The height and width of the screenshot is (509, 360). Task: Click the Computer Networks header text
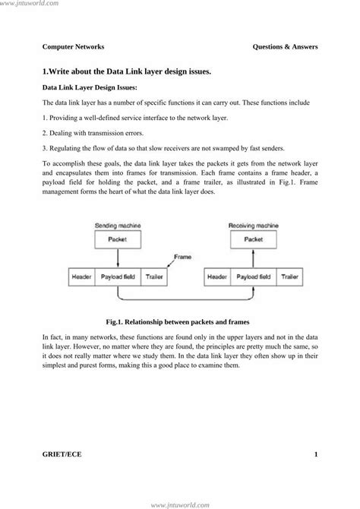[73, 46]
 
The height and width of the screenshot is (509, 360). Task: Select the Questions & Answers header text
[285, 46]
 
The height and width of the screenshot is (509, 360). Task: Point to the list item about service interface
[135, 119]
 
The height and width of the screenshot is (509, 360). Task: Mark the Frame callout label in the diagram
[182, 257]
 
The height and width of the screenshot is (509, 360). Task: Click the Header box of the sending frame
[81, 277]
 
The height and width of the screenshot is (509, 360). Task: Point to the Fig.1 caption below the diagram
[180, 321]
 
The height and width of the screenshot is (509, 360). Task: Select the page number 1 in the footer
[314, 454]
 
